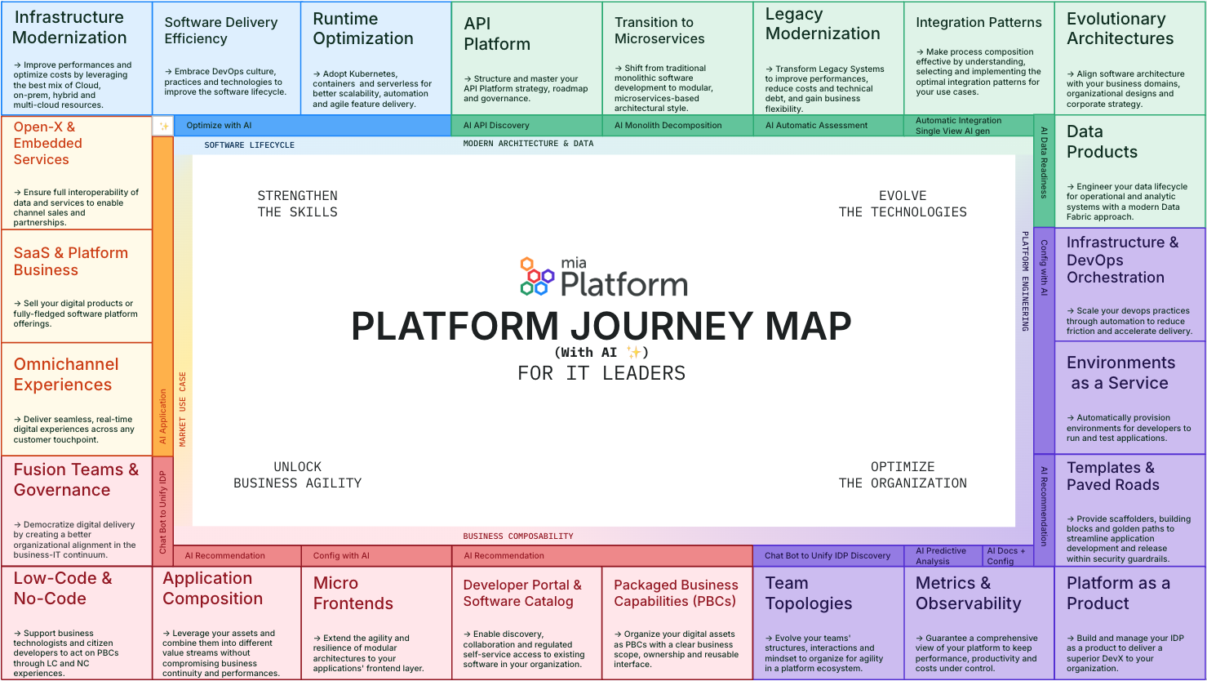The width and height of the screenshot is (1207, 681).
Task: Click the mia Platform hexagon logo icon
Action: [x=537, y=276]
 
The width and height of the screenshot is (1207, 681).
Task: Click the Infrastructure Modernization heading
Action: [x=69, y=27]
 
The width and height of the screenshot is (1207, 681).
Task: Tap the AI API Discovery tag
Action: [x=496, y=126]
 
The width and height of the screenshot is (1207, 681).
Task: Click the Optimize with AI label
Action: [x=219, y=126]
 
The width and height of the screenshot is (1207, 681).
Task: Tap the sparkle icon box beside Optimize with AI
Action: [x=163, y=126]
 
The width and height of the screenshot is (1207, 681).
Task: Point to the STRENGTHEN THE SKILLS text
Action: [x=297, y=203]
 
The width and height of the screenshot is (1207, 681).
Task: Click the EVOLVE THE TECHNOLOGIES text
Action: [x=903, y=203]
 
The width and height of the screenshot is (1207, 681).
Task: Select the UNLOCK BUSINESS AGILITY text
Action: [x=297, y=474]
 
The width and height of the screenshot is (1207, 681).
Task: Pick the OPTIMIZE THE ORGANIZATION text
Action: [x=903, y=474]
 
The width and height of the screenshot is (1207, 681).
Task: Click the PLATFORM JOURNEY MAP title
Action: [x=601, y=327]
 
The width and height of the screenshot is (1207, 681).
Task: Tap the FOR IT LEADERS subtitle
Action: [x=601, y=373]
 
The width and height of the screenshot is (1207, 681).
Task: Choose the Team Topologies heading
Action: [x=808, y=593]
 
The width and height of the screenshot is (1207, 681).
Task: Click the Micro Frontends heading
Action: [x=353, y=593]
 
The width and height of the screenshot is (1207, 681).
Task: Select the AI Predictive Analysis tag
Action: [x=940, y=556]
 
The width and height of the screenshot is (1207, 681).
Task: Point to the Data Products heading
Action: [x=1102, y=141]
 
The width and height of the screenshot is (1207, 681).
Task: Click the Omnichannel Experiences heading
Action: [x=66, y=374]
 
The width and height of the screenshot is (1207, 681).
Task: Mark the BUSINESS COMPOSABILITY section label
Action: [x=518, y=536]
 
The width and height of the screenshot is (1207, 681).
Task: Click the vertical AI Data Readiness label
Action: [x=1044, y=162]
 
